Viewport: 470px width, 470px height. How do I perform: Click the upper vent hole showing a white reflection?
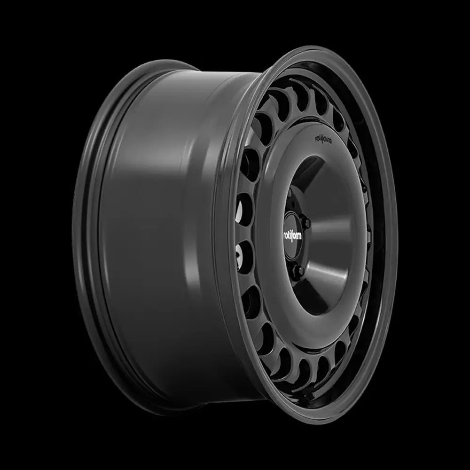[245, 207]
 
